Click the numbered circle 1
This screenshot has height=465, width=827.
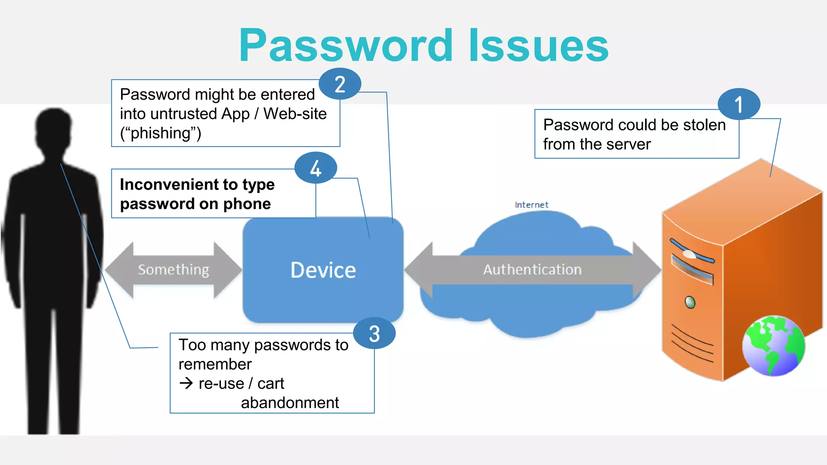(739, 104)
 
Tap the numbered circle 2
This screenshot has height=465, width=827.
(340, 84)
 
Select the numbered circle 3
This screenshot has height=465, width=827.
(374, 333)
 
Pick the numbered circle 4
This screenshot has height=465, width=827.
(315, 168)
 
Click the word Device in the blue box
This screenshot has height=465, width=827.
(323, 270)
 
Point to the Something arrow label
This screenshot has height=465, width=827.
(173, 270)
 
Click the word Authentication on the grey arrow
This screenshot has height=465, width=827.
(532, 270)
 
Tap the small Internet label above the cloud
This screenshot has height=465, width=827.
(531, 205)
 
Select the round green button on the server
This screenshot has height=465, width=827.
(690, 302)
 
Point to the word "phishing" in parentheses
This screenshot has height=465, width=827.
(160, 133)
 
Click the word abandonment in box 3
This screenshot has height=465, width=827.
(290, 402)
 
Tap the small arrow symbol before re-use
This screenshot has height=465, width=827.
(186, 383)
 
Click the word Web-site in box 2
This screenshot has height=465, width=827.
(295, 114)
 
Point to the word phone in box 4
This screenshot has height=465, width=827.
(247, 204)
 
